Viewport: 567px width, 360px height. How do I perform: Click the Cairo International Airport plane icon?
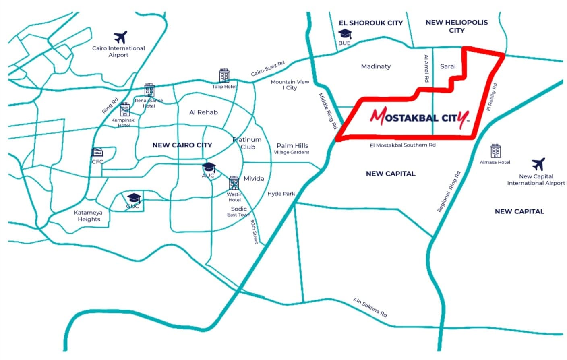120,37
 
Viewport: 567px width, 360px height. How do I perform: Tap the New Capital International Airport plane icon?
538,164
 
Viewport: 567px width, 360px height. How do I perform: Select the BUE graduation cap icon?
345,33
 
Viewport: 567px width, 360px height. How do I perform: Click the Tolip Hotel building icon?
224,76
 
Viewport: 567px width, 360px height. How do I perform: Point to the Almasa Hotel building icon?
495,151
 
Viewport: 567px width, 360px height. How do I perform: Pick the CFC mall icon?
97,153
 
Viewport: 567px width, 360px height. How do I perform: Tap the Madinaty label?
376,66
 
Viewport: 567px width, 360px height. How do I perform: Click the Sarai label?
448,66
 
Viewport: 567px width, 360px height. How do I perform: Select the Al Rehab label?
203,112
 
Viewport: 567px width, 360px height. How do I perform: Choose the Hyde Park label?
281,194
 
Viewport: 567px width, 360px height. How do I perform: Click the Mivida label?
254,178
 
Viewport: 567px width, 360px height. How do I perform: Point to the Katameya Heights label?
89,216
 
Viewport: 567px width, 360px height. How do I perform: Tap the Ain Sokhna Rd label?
370,307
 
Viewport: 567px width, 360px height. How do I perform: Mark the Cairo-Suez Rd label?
267,68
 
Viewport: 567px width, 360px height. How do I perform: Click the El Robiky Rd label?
492,97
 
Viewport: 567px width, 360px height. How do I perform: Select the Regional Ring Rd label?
449,192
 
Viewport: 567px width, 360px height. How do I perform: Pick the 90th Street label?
254,231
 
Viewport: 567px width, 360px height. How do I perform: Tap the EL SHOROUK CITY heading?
370,23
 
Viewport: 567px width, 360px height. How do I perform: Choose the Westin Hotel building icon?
234,183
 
